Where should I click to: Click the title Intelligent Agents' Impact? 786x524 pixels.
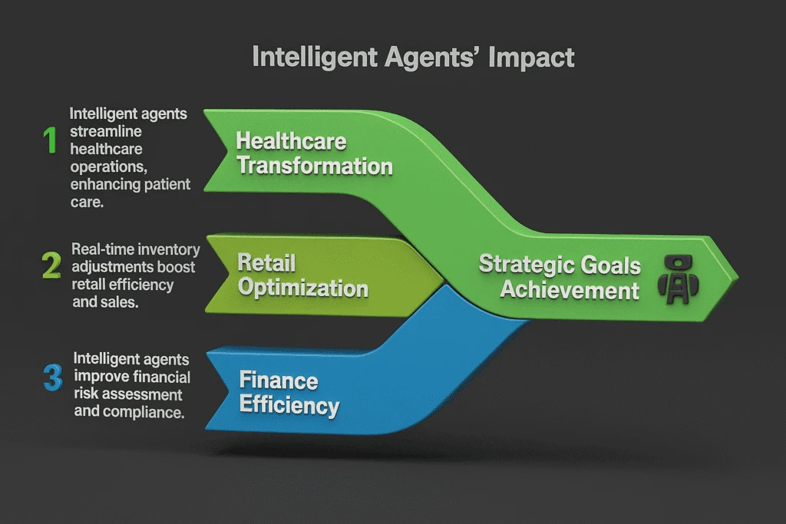point(413,58)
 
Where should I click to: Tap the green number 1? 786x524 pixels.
point(51,140)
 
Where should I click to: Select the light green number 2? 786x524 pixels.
point(51,265)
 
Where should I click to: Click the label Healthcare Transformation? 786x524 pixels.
point(314,153)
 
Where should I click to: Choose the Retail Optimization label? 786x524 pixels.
point(302,276)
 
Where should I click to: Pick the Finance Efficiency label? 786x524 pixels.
point(289,393)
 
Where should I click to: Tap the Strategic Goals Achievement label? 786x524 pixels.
point(560,278)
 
